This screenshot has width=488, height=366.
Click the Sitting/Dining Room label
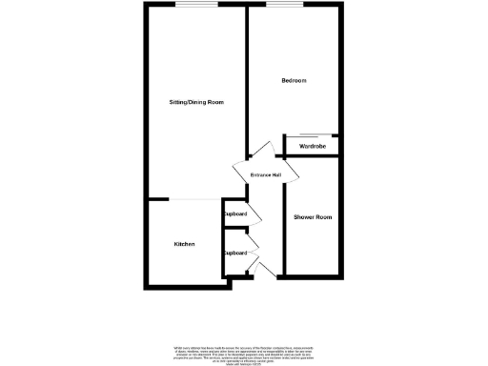pos(195,102)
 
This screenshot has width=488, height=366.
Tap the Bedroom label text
pos(294,81)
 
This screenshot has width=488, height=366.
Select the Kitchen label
pos(184,244)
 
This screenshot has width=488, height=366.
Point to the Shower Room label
pos(313,218)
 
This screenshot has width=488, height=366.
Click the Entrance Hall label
pos(266,175)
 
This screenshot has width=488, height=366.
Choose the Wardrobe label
pos(313,146)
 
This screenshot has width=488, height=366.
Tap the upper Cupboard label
pos(235,214)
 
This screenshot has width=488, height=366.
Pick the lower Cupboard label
pos(235,253)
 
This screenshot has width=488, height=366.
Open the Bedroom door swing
pos(262,151)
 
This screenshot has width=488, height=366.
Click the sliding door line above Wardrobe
pos(315,134)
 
